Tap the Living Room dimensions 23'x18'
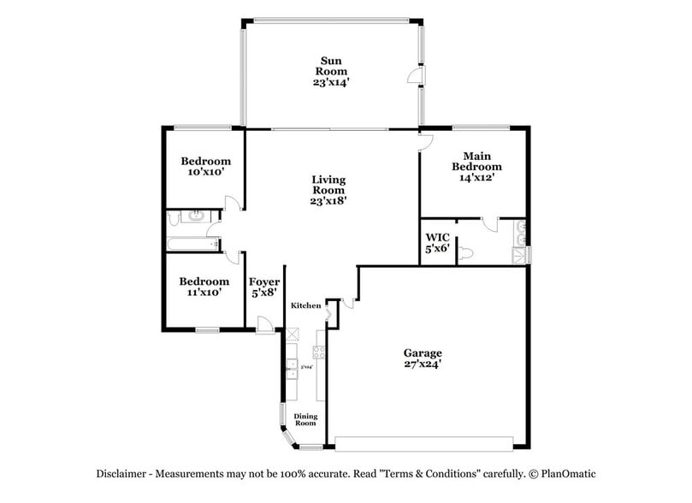pos(328,201)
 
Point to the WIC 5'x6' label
pos(437,243)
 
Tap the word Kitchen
pos(305,305)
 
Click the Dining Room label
pos(305,419)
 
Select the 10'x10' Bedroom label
pos(205,166)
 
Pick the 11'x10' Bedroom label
pos(204,287)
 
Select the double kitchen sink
pos(293,370)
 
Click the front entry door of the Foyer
pos(266,323)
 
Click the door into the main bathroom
pos(488,224)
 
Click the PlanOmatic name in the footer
pos(564,473)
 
